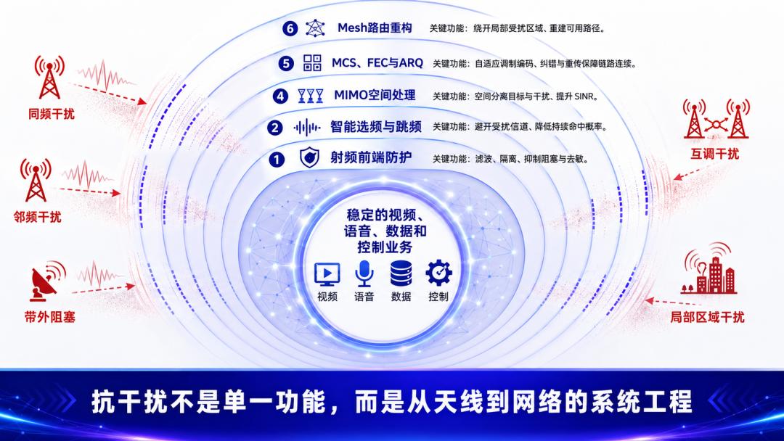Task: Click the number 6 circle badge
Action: (290, 28)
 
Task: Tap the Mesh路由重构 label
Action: (375, 28)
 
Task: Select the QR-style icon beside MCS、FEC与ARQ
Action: (312, 63)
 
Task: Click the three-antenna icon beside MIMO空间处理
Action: (311, 96)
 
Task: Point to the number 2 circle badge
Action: (274, 128)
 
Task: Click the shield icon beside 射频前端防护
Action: (309, 158)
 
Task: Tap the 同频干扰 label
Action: (51, 114)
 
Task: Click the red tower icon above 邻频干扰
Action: (36, 181)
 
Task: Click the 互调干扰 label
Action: (714, 154)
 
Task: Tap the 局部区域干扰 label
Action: (707, 317)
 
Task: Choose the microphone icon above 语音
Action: (364, 273)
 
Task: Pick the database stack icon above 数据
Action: (401, 273)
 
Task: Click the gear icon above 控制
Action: (438, 273)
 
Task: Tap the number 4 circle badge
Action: (280, 96)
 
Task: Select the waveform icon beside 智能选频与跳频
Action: (307, 128)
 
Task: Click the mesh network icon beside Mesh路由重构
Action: (315, 28)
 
